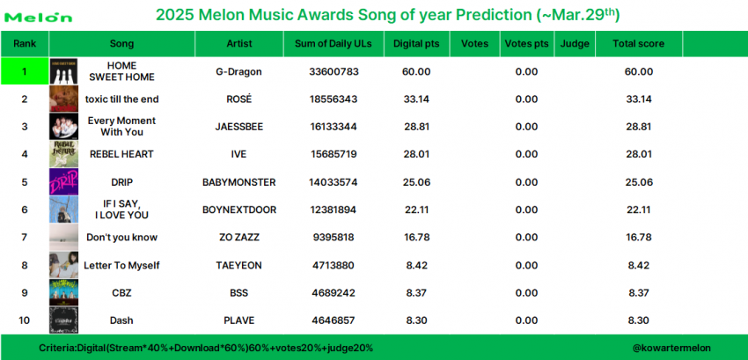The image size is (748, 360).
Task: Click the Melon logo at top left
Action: (39, 18)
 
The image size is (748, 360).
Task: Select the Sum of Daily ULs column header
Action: (333, 43)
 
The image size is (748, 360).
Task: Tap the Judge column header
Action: (575, 44)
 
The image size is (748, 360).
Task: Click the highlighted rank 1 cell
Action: (25, 71)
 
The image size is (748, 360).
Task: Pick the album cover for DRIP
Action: (63, 182)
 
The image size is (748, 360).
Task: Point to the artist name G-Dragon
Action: (238, 71)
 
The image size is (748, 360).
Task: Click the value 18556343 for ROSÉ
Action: (334, 99)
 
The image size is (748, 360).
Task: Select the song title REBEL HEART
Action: (121, 154)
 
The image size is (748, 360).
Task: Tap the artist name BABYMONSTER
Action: (238, 182)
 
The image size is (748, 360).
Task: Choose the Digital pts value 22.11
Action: (416, 209)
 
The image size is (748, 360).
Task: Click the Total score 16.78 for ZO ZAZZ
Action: (638, 238)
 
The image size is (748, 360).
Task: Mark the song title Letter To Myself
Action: (121, 265)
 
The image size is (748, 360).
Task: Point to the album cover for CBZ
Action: (63, 292)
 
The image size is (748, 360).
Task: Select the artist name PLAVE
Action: (238, 320)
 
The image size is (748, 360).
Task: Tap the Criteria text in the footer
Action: (206, 348)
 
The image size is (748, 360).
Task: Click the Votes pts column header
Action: (526, 44)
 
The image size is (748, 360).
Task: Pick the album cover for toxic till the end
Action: (63, 99)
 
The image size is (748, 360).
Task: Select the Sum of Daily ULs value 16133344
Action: (334, 127)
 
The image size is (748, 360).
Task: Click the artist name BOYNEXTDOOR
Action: (238, 209)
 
